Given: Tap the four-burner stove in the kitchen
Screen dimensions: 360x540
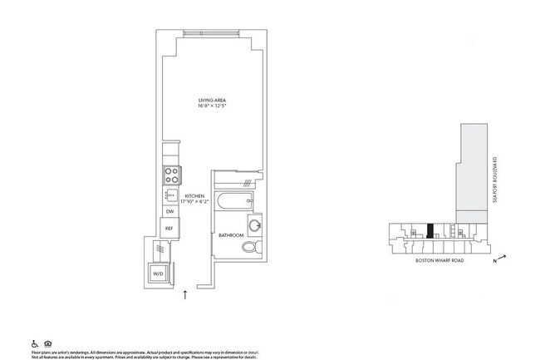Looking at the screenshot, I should coord(171,176).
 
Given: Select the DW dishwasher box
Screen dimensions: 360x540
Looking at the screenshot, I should coord(169,212).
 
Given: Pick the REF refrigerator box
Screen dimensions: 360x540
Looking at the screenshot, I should coord(169,228).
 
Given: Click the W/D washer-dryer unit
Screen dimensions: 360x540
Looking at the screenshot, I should coord(157,272).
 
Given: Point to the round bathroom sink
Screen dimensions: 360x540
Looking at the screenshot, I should coord(256,225).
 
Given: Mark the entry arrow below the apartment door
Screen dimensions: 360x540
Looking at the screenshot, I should coord(184,293).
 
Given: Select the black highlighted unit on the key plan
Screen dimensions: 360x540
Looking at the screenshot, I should coord(430,232).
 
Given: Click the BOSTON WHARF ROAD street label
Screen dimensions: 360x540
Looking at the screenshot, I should coord(439,261).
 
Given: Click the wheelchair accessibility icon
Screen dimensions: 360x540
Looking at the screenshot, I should coord(34,343).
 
